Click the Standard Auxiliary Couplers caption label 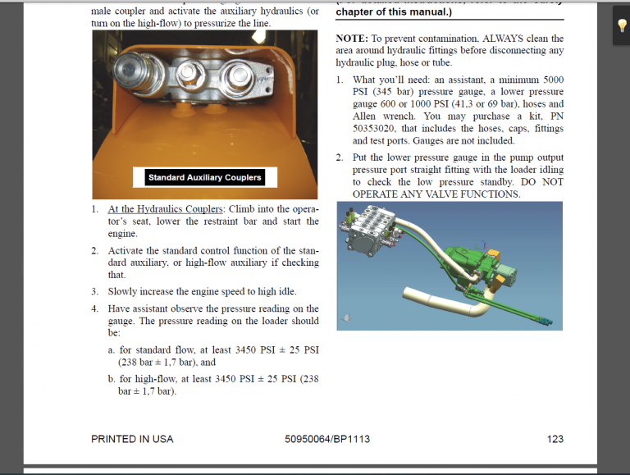(204, 177)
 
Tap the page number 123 (555, 439)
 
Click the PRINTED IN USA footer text (132, 439)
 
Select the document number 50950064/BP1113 (327, 439)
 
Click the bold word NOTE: (352, 39)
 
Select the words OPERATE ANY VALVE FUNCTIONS (436, 194)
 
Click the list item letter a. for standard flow (112, 349)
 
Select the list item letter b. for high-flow (112, 379)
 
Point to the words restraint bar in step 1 (231, 222)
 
